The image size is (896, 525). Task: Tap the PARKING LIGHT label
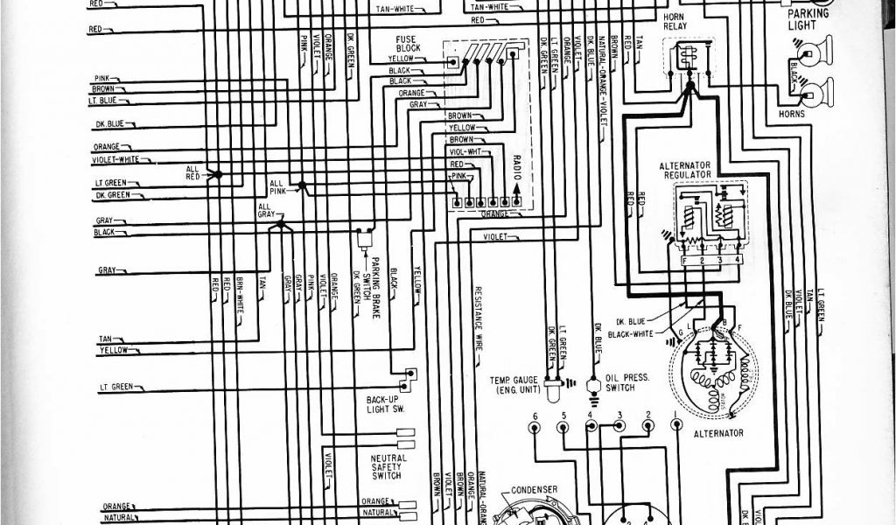pos(801,19)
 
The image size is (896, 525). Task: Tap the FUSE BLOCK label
pos(408,44)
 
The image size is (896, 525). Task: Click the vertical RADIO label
pos(516,166)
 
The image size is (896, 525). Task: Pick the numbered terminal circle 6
pos(535,426)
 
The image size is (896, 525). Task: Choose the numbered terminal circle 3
pos(619,426)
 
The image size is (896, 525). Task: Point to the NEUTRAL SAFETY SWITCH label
pos(388,466)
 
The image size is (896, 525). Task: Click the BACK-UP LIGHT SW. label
pos(382,404)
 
